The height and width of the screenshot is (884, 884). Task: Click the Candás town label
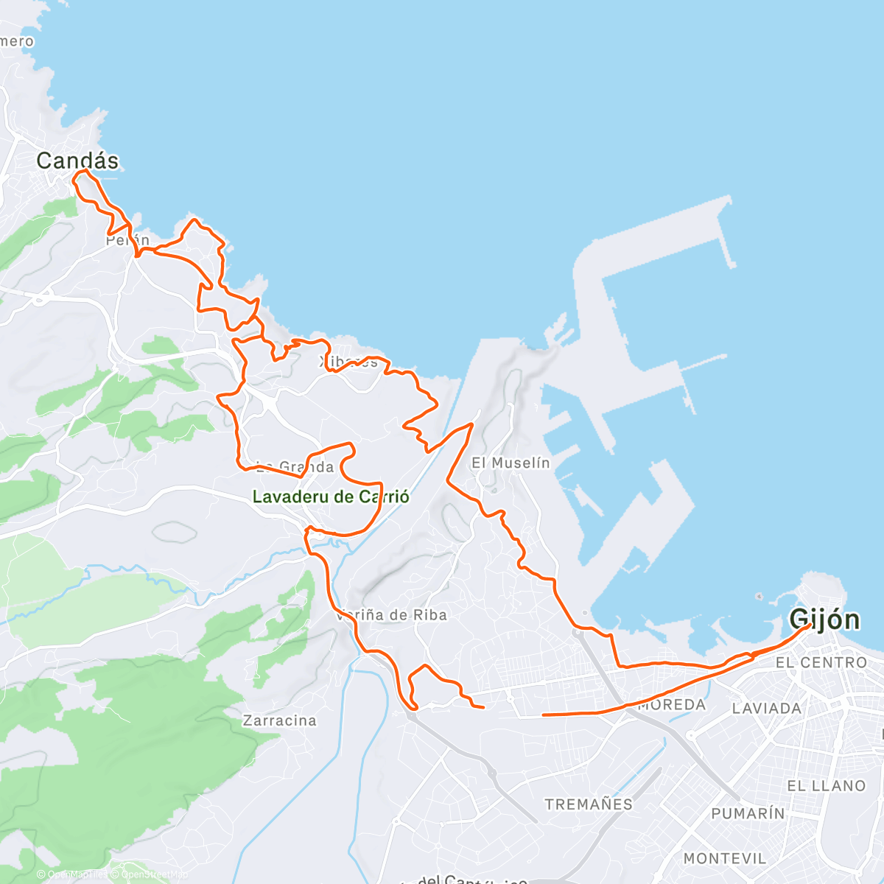(x=77, y=161)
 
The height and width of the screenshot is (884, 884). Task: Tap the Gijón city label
(x=824, y=620)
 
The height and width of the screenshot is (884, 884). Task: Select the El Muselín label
(x=511, y=463)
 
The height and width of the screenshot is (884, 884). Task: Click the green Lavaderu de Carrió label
(x=331, y=497)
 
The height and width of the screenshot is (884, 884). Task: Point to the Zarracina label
(x=280, y=720)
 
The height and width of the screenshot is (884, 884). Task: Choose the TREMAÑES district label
(x=589, y=804)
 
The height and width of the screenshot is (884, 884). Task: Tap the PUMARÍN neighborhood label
(x=748, y=813)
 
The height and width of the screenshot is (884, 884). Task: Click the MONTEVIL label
(x=725, y=858)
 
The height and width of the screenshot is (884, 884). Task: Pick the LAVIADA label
(x=767, y=709)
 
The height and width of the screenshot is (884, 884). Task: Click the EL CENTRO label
(x=821, y=663)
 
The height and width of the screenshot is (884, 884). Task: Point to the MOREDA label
(x=672, y=705)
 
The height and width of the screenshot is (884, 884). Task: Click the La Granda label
(x=295, y=467)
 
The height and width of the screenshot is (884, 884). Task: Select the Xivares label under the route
(x=349, y=362)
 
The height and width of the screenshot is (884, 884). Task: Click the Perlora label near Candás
(x=127, y=240)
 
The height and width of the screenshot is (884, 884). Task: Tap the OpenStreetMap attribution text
(x=152, y=874)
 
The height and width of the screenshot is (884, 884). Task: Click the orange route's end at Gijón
(x=809, y=625)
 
